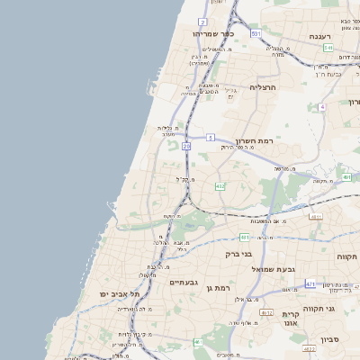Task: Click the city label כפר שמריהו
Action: (x=213, y=33)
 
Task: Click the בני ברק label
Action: (x=239, y=254)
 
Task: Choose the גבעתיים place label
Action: (x=183, y=282)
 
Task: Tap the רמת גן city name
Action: (x=220, y=287)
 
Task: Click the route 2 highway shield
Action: (x=202, y=21)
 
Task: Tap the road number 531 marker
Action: (x=256, y=33)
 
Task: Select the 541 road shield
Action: (x=328, y=48)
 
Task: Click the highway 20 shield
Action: (x=186, y=146)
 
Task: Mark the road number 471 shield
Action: (x=310, y=284)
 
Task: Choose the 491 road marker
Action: (x=348, y=177)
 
